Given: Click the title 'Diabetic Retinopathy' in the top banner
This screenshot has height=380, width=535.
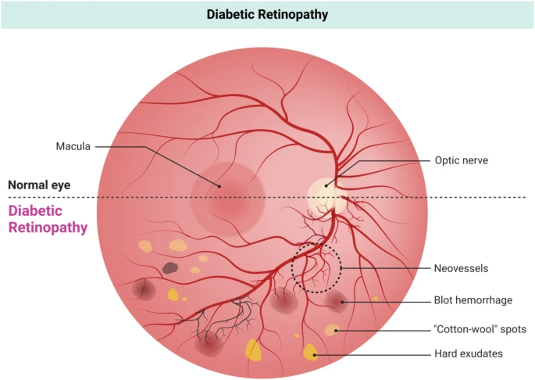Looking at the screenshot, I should [267, 14].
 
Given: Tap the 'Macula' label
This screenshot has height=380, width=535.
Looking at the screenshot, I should [74, 146].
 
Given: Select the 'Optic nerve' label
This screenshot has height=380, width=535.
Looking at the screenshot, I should [460, 160].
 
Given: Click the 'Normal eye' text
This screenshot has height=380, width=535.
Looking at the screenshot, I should [40, 185].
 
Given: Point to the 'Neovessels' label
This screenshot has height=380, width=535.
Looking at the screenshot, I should [461, 268].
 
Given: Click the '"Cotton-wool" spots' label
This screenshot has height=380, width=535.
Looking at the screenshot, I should [480, 329].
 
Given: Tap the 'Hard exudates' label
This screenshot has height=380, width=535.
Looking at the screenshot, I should [468, 354].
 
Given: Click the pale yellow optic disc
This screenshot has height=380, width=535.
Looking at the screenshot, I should [326, 192].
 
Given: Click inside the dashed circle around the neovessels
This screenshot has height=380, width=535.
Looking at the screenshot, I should [316, 268].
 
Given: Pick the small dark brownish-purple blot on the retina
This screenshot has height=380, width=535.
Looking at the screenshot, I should [169, 268].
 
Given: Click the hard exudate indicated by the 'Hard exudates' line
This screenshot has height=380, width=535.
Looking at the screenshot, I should [311, 353].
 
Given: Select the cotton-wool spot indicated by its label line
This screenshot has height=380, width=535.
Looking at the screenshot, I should [333, 329].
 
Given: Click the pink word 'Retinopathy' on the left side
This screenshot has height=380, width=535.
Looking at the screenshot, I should [48, 228].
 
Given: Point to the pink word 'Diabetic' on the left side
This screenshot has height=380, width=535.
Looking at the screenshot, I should [34, 211].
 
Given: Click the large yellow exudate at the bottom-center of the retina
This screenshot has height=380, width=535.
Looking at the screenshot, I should [254, 350].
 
